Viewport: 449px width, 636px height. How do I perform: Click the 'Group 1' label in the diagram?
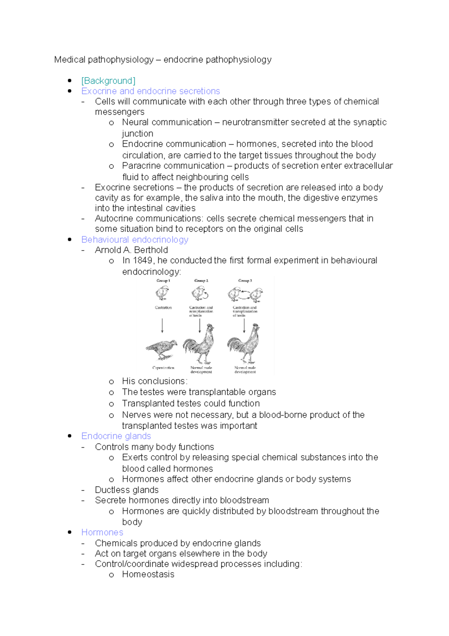click(x=163, y=281)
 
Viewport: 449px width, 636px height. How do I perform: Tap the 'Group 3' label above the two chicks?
click(x=245, y=281)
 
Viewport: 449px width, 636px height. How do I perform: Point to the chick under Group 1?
click(x=162, y=293)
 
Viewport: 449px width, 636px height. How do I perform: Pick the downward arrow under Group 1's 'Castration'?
click(x=162, y=325)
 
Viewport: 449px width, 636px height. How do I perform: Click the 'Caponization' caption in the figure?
click(x=163, y=368)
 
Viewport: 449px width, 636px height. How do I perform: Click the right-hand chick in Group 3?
click(x=257, y=295)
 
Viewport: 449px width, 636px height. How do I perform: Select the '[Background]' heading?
click(x=108, y=81)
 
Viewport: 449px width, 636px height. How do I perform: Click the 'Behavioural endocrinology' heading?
click(x=135, y=239)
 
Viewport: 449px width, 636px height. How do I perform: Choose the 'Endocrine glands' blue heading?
click(x=116, y=436)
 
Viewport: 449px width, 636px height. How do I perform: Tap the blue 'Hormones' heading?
click(x=102, y=532)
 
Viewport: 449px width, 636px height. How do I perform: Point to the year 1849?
click(x=143, y=260)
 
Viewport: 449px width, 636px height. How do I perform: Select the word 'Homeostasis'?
click(x=148, y=574)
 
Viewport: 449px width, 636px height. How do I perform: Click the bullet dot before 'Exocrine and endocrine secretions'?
click(x=70, y=91)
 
